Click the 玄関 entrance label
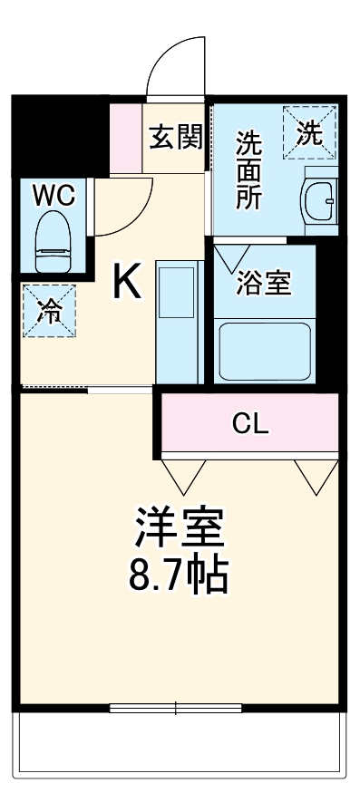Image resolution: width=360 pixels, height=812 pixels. pyautogui.click(x=176, y=139)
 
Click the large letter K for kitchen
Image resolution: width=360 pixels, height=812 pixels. pyautogui.click(x=126, y=284)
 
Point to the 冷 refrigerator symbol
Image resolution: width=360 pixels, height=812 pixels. pyautogui.click(x=50, y=311)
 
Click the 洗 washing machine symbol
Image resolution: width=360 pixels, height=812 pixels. pyautogui.click(x=309, y=134)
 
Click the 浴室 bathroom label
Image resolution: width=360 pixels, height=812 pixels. pyautogui.click(x=264, y=282)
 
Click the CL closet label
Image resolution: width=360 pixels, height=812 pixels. pyautogui.click(x=251, y=422)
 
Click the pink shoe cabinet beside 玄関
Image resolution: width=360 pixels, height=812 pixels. pyautogui.click(x=125, y=139)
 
